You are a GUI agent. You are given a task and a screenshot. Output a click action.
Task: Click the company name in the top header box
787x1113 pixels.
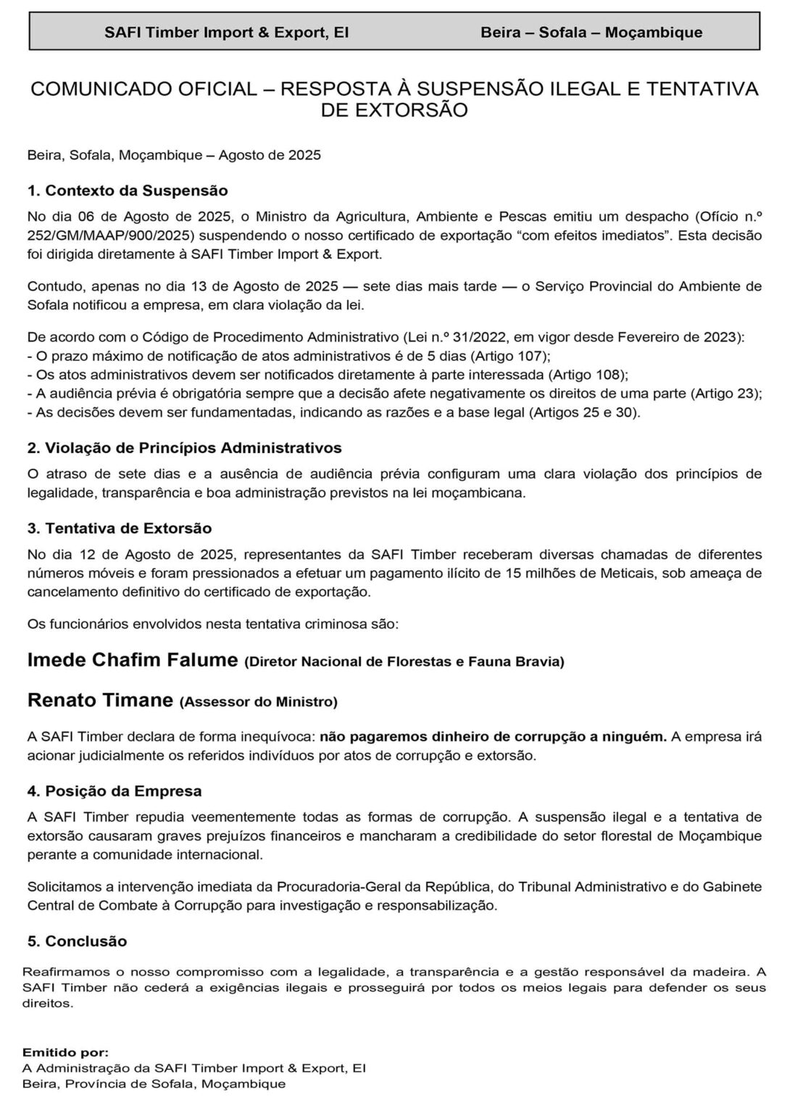click(226, 33)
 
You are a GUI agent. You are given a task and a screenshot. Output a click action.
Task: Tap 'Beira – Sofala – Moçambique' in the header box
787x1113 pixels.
click(591, 33)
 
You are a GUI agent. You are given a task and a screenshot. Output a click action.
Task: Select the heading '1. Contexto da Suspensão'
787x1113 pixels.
click(128, 191)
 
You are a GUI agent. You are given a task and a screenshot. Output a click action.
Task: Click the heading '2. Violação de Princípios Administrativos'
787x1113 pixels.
click(184, 448)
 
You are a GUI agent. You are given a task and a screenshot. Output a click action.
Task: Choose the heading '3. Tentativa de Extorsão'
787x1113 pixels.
click(120, 528)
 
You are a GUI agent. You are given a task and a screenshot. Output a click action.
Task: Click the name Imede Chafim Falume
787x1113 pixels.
click(133, 660)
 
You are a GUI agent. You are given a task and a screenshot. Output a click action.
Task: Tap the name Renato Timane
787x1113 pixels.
click(100, 701)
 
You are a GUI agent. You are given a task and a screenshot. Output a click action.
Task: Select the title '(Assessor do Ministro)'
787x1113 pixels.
click(258, 701)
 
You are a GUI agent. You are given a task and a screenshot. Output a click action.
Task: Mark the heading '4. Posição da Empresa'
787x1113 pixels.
click(114, 791)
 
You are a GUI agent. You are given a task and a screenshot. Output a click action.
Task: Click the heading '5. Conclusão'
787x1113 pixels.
click(77, 941)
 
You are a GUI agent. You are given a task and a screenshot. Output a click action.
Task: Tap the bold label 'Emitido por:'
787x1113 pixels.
click(65, 1051)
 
